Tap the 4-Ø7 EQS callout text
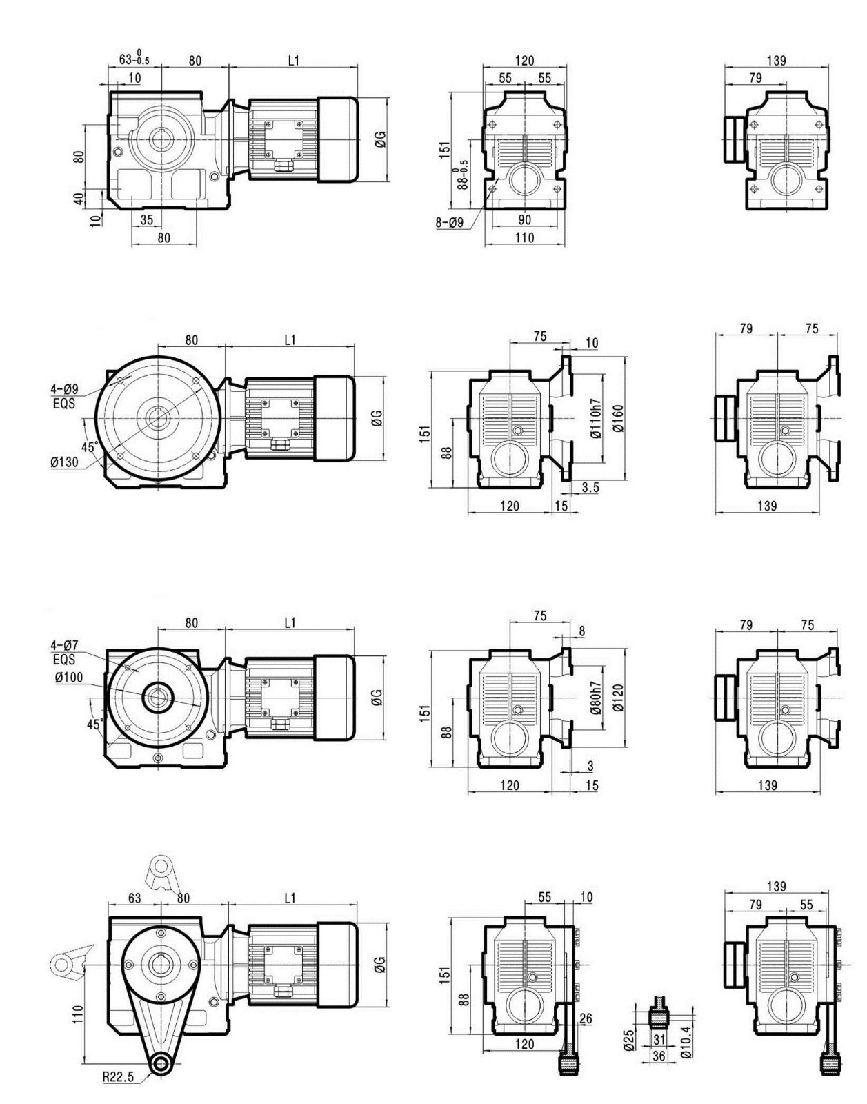point(64,652)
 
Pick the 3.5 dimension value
point(590,488)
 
